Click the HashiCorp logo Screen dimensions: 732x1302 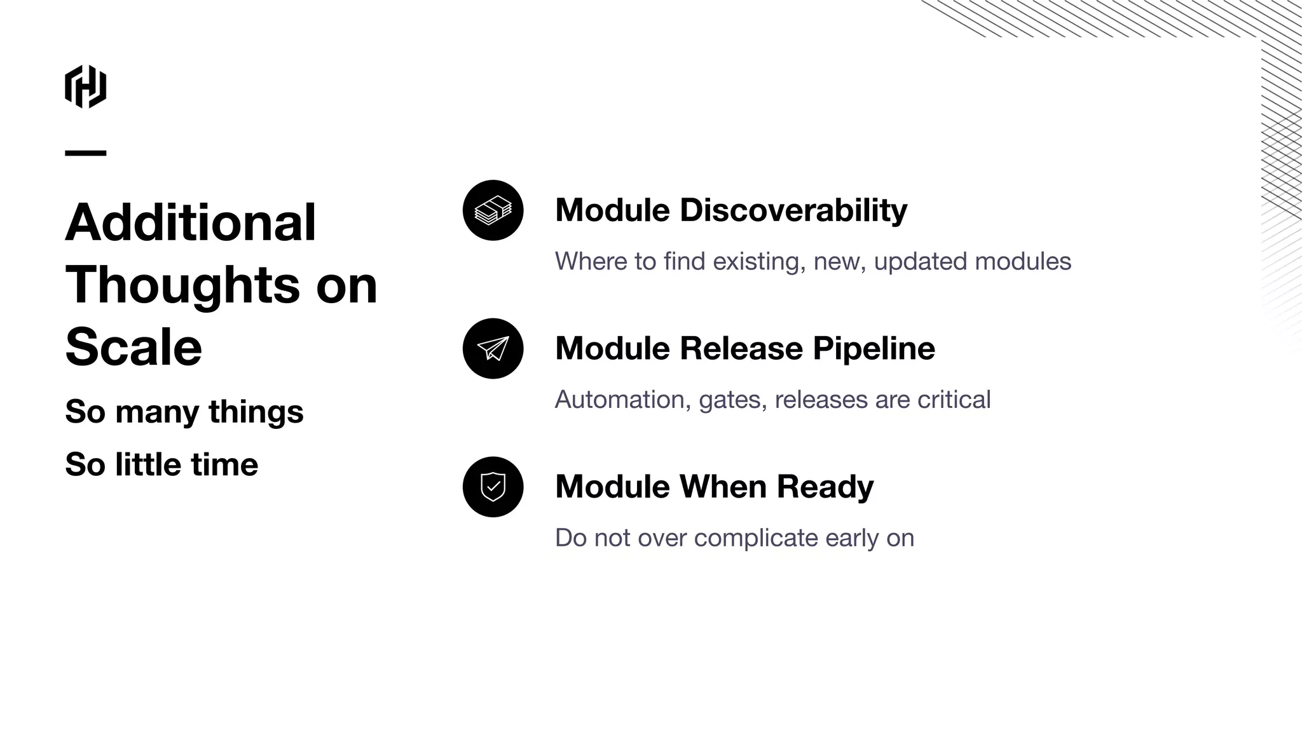click(x=85, y=86)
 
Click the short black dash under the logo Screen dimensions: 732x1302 click(x=85, y=153)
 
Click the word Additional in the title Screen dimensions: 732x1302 click(x=190, y=222)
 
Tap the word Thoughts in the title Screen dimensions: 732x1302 click(x=182, y=285)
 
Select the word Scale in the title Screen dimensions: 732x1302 click(x=134, y=347)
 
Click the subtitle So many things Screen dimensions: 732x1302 click(x=184, y=412)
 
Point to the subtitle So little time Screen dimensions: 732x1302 click(x=161, y=464)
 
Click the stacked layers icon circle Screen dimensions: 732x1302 click(x=493, y=210)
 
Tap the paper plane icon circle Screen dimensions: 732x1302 click(x=493, y=348)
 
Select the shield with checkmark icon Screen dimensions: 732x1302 click(x=493, y=487)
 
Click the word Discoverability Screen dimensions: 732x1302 click(x=793, y=210)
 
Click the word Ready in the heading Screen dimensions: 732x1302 click(x=825, y=487)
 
